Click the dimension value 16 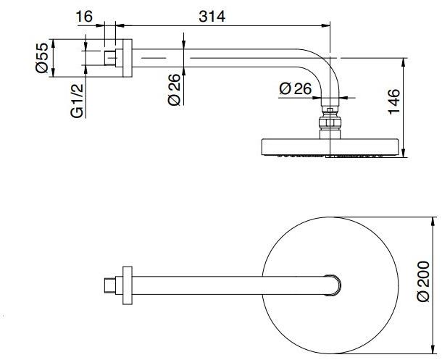(x=86, y=16)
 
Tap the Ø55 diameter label (x=42, y=58)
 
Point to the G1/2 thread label (x=78, y=101)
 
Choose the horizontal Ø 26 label (x=294, y=88)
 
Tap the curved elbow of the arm (x=319, y=69)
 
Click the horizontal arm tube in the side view (x=217, y=56)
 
